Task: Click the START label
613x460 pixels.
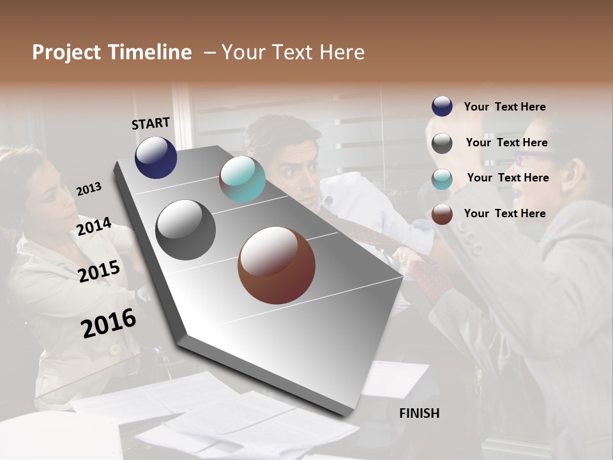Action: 151,123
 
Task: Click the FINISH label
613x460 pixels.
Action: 419,413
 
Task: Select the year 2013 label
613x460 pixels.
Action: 89,189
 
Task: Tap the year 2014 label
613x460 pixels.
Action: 95,226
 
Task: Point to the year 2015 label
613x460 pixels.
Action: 99,272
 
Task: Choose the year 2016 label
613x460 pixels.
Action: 109,323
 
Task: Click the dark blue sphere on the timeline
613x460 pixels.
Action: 156,157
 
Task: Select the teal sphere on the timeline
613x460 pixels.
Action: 242,179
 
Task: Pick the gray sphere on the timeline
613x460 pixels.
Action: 186,230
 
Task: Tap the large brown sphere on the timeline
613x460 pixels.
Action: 276,265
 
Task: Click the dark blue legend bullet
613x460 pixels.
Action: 442,107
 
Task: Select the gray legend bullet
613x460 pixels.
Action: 442,143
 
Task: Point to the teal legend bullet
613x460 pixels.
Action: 442,179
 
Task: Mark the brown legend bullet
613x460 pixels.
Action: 442,214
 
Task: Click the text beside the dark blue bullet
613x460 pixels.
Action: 504,107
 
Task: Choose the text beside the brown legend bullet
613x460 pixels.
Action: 504,213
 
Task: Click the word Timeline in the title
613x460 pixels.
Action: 150,52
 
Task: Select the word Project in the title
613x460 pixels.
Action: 66,52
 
